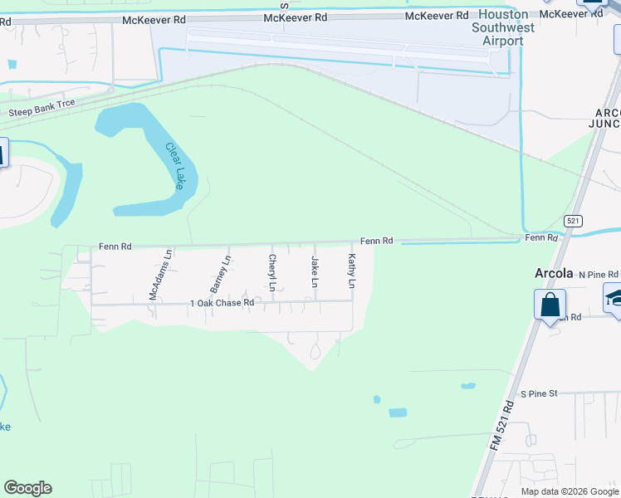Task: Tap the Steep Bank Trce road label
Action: point(42,108)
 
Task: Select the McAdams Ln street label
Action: point(159,275)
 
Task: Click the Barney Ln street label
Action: point(219,274)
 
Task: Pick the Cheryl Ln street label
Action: point(271,273)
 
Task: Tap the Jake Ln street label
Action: point(315,272)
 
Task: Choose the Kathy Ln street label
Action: point(352,271)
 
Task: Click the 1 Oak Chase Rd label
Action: point(222,304)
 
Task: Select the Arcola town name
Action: point(553,273)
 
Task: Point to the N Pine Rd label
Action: point(599,274)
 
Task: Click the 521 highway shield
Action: point(572,221)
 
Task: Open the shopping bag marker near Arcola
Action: point(550,304)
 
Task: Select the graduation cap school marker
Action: point(614,297)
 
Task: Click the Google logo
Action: point(27,488)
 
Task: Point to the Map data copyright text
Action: point(570,491)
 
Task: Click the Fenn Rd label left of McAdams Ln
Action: point(115,247)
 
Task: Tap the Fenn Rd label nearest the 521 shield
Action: point(541,238)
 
